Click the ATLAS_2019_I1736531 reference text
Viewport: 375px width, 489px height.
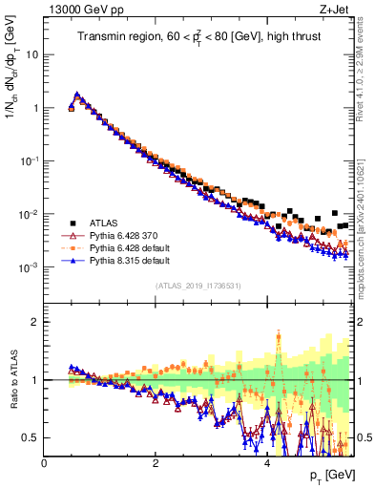point(198,286)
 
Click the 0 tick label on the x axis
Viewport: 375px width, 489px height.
point(45,463)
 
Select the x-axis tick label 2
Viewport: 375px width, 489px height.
point(156,463)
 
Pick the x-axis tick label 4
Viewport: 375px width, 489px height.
point(267,463)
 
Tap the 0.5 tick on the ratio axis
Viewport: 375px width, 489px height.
point(31,437)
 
